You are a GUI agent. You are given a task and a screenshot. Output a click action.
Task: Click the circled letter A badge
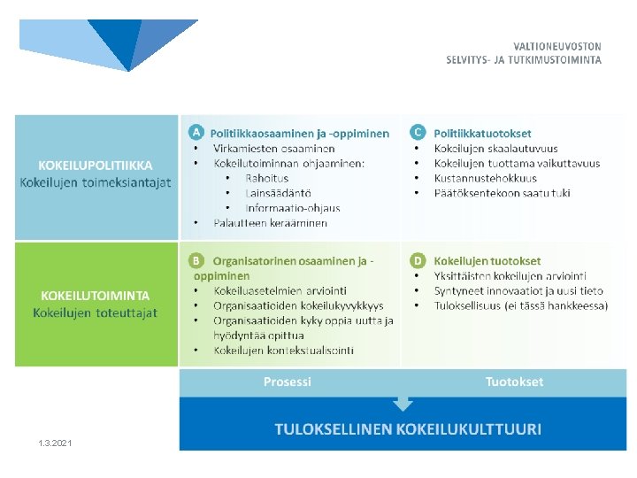pyautogui.click(x=196, y=133)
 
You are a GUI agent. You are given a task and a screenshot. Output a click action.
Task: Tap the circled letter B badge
pyautogui.click(x=196, y=261)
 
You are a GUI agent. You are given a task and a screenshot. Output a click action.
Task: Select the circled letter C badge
pyautogui.click(x=418, y=133)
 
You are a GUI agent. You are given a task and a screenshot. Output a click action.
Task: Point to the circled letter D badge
pyautogui.click(x=418, y=261)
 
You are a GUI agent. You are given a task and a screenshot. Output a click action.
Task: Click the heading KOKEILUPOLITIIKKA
pyautogui.click(x=96, y=166)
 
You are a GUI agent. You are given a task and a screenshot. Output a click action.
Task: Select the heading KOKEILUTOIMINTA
pyautogui.click(x=96, y=296)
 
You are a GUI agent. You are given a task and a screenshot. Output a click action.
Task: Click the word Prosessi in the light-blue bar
pyautogui.click(x=288, y=382)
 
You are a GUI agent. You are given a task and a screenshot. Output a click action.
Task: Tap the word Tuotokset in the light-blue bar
pyautogui.click(x=514, y=382)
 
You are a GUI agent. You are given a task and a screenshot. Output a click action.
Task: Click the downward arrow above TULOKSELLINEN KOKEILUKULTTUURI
pyautogui.click(x=403, y=403)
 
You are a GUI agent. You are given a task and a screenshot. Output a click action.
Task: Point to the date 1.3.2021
pyautogui.click(x=56, y=443)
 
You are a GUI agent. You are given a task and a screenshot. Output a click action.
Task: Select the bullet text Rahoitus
pyautogui.click(x=266, y=178)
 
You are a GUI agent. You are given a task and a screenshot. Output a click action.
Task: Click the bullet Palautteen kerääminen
pyautogui.click(x=270, y=223)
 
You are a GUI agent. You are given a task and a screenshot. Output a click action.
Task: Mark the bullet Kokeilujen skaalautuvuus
pyautogui.click(x=495, y=148)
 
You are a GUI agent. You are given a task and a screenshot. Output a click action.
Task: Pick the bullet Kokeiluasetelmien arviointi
pyautogui.click(x=280, y=290)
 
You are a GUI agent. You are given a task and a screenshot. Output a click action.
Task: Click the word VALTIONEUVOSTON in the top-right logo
pyautogui.click(x=557, y=46)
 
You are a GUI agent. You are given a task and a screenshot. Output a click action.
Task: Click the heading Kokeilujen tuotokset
pyautogui.click(x=487, y=261)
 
